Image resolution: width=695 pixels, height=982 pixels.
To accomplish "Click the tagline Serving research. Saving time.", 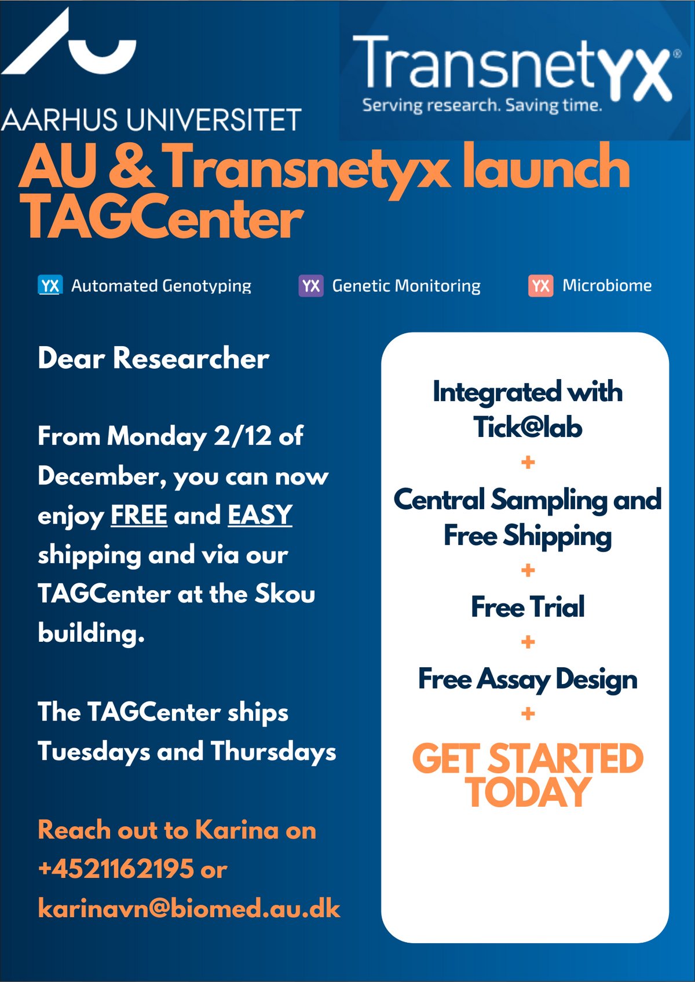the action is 482,106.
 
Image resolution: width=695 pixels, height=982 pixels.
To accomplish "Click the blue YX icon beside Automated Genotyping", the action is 50,286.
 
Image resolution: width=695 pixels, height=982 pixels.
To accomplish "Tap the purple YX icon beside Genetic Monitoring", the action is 311,286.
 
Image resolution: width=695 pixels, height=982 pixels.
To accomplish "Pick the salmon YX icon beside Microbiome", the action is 540,286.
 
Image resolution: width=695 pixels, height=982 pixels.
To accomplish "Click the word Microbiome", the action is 607,285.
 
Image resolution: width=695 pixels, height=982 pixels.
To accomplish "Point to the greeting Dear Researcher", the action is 153,358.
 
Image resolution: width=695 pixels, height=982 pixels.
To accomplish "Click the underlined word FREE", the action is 138,514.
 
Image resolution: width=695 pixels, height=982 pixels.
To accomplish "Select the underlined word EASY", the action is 259,514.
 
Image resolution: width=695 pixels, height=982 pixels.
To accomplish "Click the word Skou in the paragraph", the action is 285,594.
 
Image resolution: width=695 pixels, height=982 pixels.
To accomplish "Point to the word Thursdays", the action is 273,752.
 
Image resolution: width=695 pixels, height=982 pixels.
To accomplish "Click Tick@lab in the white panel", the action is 528,427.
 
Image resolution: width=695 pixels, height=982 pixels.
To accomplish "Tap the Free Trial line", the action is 528,607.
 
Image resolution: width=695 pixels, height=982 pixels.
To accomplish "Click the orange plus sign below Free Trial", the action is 528,642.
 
